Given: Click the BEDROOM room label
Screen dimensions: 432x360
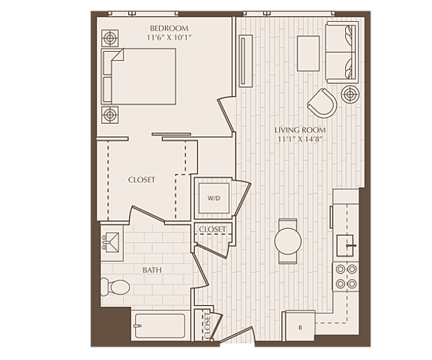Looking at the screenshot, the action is (x=169, y=28).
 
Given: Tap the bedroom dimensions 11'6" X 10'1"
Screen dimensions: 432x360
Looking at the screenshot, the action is (x=169, y=37).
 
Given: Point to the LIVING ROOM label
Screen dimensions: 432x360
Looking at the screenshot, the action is (x=300, y=130).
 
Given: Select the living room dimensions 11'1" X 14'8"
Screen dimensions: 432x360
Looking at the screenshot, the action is (x=300, y=139).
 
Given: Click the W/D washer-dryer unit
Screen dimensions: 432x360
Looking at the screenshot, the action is (x=214, y=198).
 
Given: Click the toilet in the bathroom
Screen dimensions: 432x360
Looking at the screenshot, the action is (x=115, y=286).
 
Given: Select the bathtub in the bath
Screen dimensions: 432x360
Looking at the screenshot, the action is (x=160, y=325).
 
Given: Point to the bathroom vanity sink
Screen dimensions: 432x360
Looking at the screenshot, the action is (x=111, y=242).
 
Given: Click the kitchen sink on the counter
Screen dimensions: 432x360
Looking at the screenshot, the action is (x=345, y=245).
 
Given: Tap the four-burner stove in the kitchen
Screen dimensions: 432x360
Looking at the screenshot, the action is (x=346, y=276).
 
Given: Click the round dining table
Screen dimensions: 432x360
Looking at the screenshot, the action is (x=288, y=241).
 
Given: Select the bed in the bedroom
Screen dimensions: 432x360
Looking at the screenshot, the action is (x=139, y=76).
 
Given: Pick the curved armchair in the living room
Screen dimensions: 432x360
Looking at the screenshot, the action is (x=322, y=103).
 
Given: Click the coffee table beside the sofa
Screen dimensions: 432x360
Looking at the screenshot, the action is (x=308, y=53).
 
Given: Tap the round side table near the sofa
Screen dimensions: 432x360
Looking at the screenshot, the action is (x=350, y=94).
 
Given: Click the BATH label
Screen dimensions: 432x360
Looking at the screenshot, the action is (x=152, y=270).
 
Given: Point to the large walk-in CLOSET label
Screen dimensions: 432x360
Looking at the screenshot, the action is (x=142, y=180).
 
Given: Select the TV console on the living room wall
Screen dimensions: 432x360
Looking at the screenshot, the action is (x=245, y=61).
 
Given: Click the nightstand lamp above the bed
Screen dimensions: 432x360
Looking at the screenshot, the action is (x=110, y=38).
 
